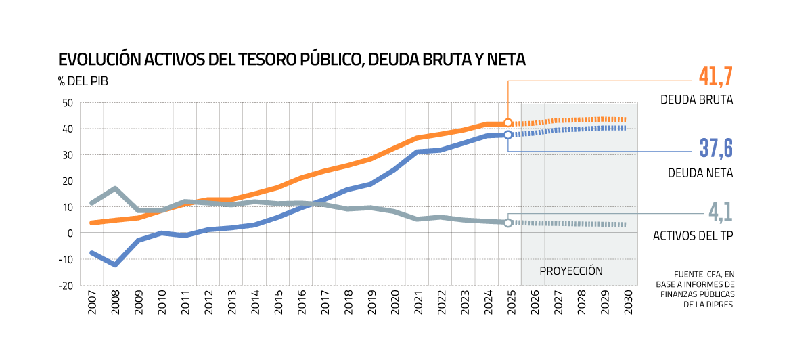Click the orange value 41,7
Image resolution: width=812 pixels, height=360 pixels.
coord(716,76)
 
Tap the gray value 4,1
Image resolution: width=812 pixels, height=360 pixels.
coord(721,212)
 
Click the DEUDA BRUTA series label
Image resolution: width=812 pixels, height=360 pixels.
coord(697,100)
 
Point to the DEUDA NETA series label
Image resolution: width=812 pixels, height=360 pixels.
coord(700,173)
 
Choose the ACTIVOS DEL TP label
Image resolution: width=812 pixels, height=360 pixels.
coord(693,236)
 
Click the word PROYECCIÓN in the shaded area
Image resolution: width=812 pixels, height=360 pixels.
coord(571,271)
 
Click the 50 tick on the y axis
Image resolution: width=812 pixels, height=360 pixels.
coord(67,103)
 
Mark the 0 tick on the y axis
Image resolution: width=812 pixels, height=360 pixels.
coord(70,233)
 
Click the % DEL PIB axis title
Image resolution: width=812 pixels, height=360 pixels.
coord(83,81)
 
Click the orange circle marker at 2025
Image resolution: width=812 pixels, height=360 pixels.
coord(508,123)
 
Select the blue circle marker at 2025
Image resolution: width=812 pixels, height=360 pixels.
coord(508,135)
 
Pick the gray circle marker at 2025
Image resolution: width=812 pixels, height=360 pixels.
coord(508,223)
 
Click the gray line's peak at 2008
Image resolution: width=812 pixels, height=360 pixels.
coord(116,189)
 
